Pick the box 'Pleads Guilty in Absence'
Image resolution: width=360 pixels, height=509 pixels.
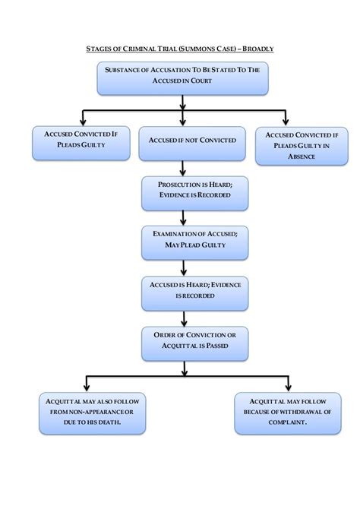(x=289, y=145)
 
